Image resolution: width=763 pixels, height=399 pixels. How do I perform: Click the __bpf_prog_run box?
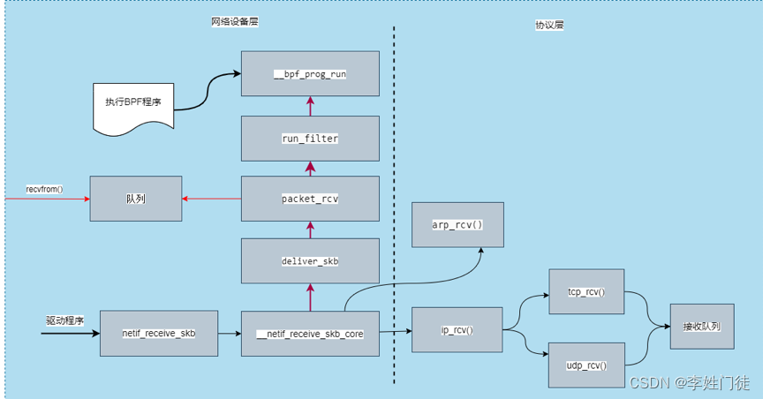(x=310, y=74)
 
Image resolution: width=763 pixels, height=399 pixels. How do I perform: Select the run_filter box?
(x=310, y=139)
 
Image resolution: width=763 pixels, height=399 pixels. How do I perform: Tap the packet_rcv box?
(x=310, y=199)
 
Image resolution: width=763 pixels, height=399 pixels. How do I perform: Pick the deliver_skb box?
(x=310, y=262)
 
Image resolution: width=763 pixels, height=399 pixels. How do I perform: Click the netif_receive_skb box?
(x=158, y=334)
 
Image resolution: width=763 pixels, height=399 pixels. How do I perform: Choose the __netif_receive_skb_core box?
(x=310, y=334)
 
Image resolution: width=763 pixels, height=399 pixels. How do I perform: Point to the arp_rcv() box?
(x=457, y=225)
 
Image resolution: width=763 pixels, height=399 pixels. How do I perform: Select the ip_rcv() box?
(x=457, y=330)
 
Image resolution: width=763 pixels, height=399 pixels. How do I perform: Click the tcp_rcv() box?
(x=586, y=293)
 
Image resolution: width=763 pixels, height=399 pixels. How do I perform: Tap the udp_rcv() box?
(x=586, y=365)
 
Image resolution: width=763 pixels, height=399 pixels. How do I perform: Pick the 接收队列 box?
(x=701, y=327)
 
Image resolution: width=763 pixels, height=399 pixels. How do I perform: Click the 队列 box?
(x=135, y=199)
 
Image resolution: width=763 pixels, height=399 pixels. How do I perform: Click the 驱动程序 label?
(x=64, y=321)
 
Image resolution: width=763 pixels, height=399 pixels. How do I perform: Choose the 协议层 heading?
(x=549, y=26)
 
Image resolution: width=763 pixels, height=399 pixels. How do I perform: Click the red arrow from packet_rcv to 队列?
(x=212, y=199)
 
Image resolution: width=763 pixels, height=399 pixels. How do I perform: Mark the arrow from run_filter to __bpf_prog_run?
(x=310, y=107)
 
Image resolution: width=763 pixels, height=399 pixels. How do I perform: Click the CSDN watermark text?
(x=689, y=382)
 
